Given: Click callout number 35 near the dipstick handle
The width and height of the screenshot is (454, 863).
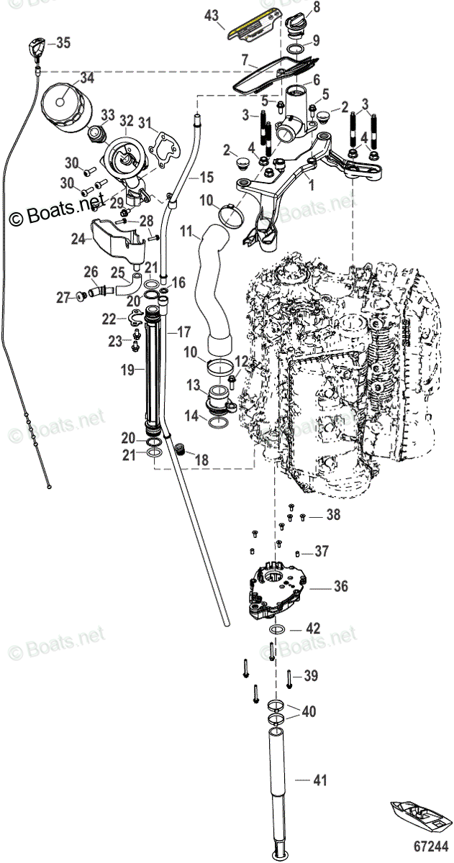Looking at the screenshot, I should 63,43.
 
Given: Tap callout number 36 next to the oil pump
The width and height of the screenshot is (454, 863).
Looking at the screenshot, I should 340,587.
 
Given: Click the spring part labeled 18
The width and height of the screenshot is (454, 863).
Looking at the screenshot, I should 181,454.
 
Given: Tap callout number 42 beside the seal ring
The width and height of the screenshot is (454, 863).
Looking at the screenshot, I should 312,628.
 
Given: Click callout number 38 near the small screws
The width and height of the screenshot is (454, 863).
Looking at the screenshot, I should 332,515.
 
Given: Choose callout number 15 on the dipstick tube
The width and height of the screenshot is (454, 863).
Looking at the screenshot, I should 206,177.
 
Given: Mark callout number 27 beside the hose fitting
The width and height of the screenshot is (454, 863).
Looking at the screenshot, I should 63,296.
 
